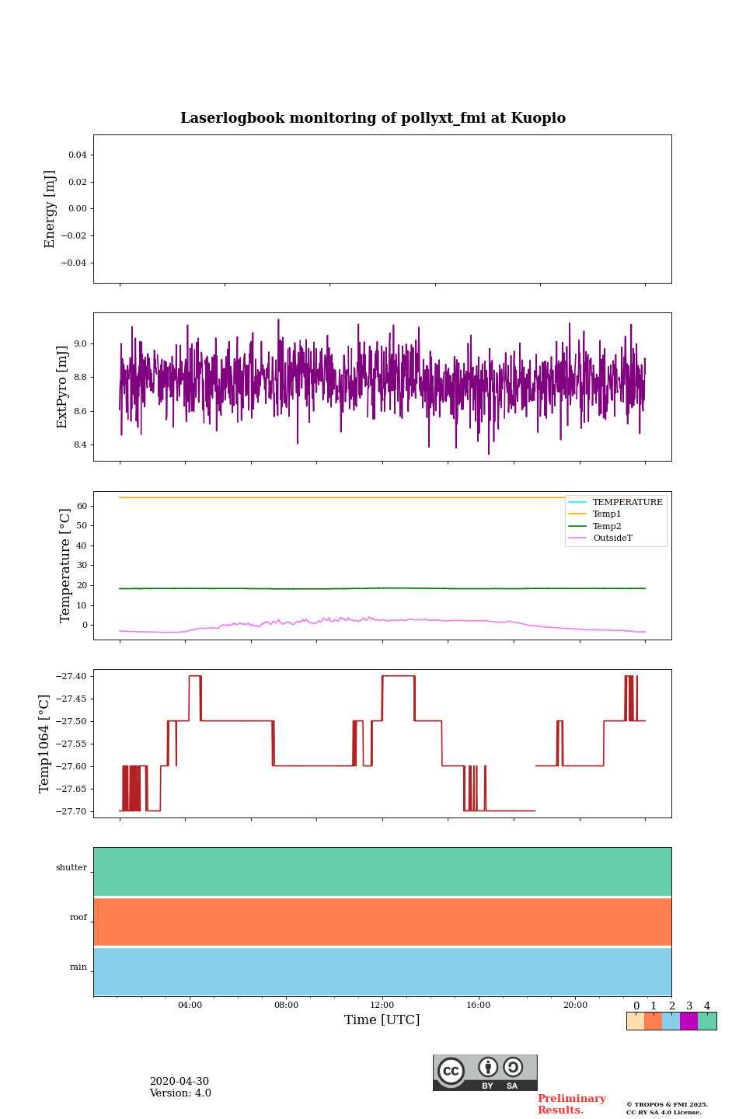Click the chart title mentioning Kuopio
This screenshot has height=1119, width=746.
(373, 118)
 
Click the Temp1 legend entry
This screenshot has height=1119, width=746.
(607, 514)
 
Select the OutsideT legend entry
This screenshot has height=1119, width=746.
(612, 539)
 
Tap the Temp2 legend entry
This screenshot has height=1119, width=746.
(607, 526)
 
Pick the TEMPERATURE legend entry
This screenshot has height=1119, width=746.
(627, 502)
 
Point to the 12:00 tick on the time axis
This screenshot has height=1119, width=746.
(382, 1005)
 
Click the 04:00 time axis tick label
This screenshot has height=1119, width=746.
(190, 1005)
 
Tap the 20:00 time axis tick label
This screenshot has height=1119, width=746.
(575, 1005)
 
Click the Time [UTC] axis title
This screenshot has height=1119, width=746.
(382, 1020)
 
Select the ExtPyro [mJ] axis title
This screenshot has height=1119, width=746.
(63, 387)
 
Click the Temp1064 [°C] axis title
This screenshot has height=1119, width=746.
(45, 744)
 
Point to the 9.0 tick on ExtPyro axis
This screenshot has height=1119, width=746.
(78, 343)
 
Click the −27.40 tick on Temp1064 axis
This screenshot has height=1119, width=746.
(71, 676)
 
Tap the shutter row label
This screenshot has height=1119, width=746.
(71, 868)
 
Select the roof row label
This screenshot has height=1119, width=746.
(78, 918)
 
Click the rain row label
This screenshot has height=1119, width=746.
(78, 967)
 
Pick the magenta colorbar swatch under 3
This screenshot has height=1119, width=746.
(688, 1021)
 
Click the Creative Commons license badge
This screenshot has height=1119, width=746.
(485, 1072)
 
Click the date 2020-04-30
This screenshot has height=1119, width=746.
(180, 1082)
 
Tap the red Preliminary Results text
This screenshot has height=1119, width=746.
(571, 1104)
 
